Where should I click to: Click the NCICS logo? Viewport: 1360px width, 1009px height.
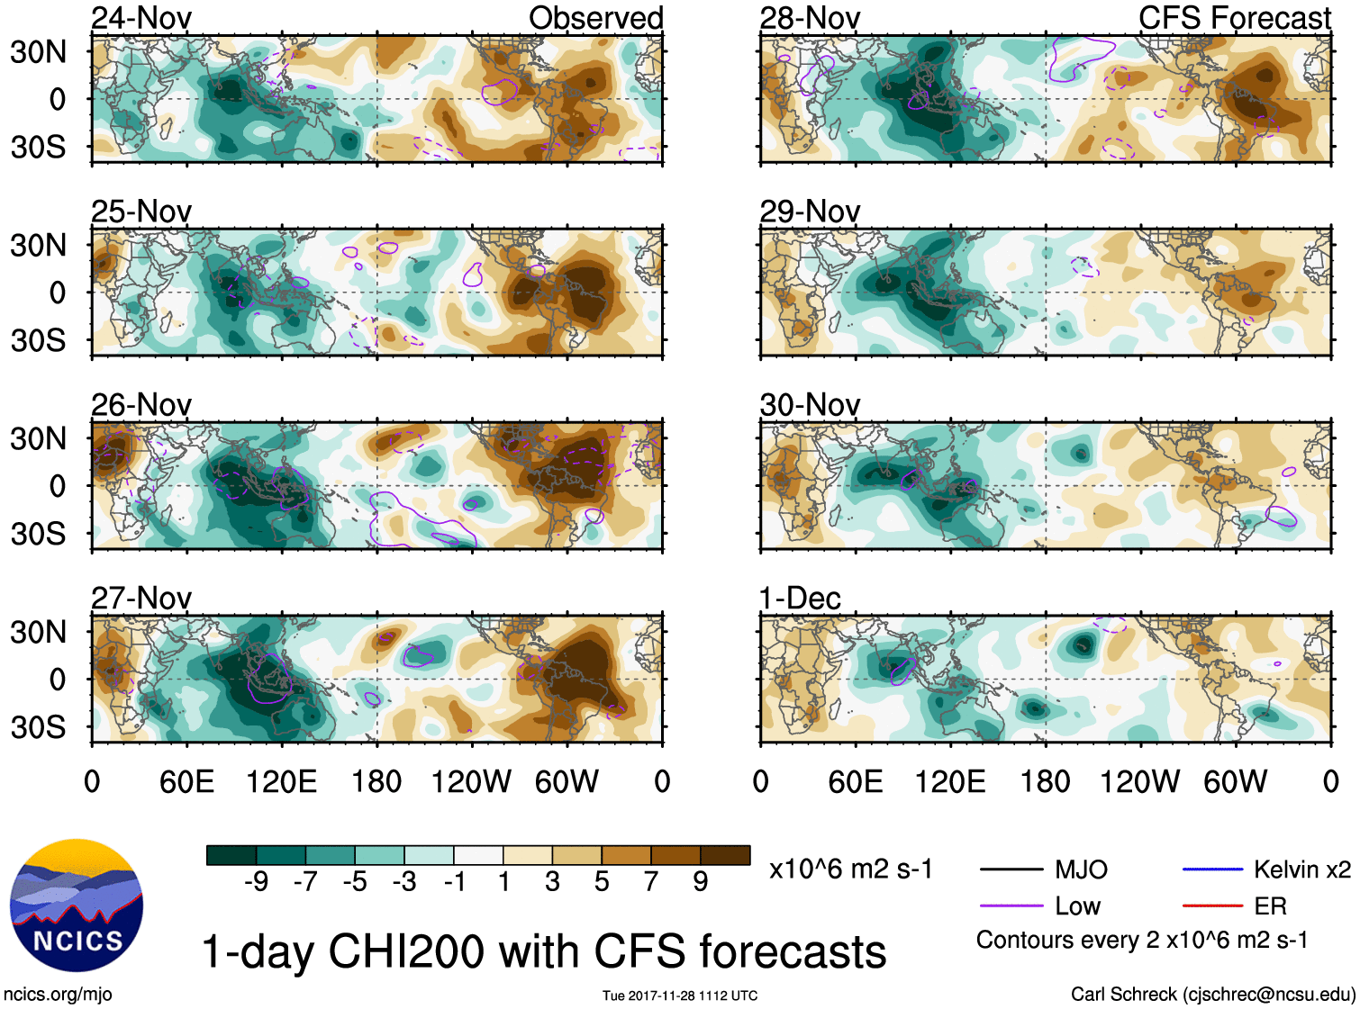coord(77,905)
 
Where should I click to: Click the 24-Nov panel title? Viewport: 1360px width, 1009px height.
coord(141,18)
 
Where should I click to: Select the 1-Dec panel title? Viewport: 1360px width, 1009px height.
coord(800,599)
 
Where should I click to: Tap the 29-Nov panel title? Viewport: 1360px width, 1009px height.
coord(810,212)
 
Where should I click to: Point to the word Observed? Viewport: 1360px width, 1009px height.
coord(595,18)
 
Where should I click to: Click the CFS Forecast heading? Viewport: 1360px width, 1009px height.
coord(1234,18)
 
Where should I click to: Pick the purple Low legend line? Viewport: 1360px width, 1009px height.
coord(1011,906)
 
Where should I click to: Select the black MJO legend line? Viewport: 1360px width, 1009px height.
coord(1011,869)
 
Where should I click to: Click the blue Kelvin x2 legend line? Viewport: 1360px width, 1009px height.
coord(1213,869)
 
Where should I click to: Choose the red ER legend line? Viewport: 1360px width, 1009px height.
coord(1213,906)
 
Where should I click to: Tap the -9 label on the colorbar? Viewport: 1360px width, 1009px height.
coord(256,882)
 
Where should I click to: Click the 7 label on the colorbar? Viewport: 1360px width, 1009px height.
coord(651,882)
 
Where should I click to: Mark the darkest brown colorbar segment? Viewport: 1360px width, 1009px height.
coord(725,855)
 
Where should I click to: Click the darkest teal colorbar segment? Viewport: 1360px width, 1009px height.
coord(231,855)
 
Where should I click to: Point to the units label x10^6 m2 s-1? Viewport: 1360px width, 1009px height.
coord(850,869)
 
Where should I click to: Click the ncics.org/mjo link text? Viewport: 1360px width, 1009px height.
coord(58,995)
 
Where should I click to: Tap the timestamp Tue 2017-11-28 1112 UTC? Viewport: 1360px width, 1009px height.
coord(680,995)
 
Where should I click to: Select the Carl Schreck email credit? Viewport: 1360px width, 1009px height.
coord(1212,995)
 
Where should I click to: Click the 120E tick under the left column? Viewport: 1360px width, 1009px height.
coord(281,782)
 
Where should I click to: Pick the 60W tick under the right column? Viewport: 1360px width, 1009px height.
coord(1235,782)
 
